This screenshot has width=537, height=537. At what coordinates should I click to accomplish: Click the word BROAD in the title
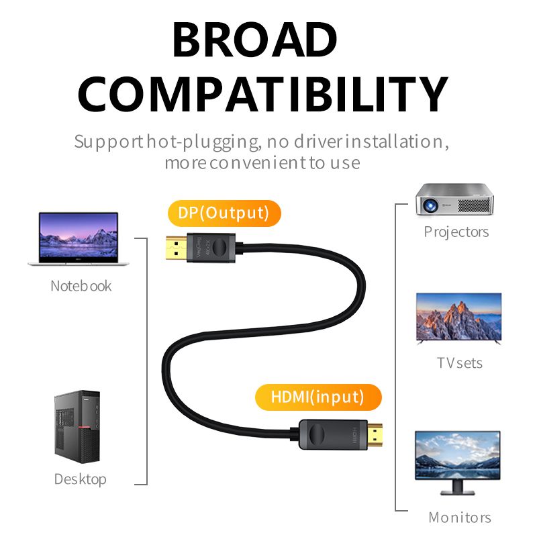click(x=254, y=40)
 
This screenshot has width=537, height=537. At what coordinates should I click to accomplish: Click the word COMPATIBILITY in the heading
click(x=262, y=93)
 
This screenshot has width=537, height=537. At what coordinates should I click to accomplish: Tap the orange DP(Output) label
click(x=223, y=213)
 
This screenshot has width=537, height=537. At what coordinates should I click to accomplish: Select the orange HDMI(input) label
click(x=318, y=397)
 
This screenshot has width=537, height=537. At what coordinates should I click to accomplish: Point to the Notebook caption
click(x=81, y=286)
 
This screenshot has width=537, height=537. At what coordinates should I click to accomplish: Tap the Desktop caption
click(x=80, y=479)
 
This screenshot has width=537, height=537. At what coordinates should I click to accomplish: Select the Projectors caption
click(x=456, y=232)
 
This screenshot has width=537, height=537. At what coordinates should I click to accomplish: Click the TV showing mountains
click(x=458, y=319)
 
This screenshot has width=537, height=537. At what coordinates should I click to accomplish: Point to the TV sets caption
click(x=459, y=363)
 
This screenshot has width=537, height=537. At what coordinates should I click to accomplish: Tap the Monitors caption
click(x=459, y=518)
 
